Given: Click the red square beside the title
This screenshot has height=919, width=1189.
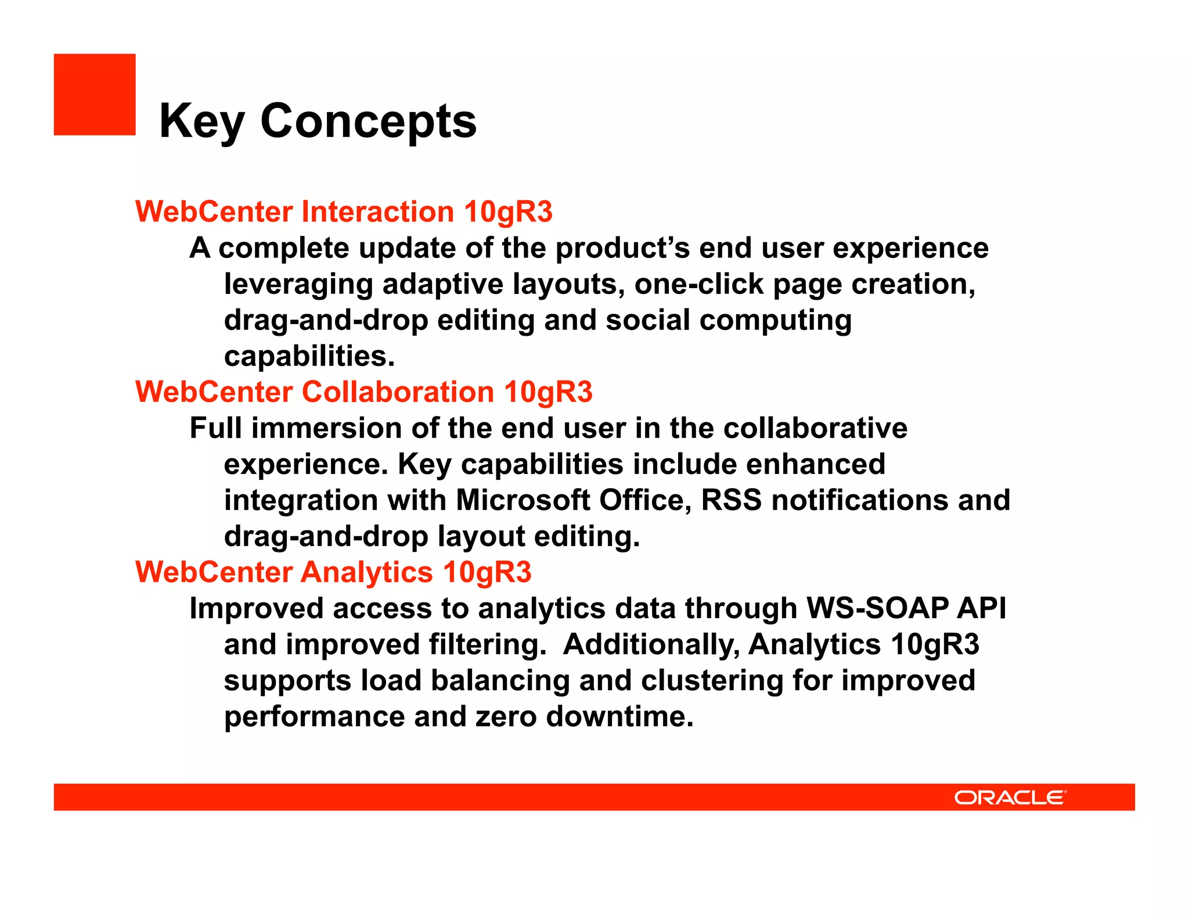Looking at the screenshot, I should tap(95, 95).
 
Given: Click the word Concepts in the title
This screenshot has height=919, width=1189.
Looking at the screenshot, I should tap(368, 121).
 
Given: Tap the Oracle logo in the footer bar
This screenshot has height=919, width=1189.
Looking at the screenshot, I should tap(1010, 797).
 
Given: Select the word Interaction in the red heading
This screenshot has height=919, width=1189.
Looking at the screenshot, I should tap(377, 211).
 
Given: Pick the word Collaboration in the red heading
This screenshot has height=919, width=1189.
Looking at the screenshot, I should tap(398, 392).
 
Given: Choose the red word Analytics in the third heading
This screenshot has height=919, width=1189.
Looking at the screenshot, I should tap(366, 572).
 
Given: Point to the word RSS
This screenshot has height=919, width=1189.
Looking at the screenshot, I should tap(731, 500).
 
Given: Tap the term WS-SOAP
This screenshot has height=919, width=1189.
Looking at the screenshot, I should tap(877, 608).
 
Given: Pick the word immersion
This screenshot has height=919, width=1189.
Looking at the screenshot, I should tap(326, 428).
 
